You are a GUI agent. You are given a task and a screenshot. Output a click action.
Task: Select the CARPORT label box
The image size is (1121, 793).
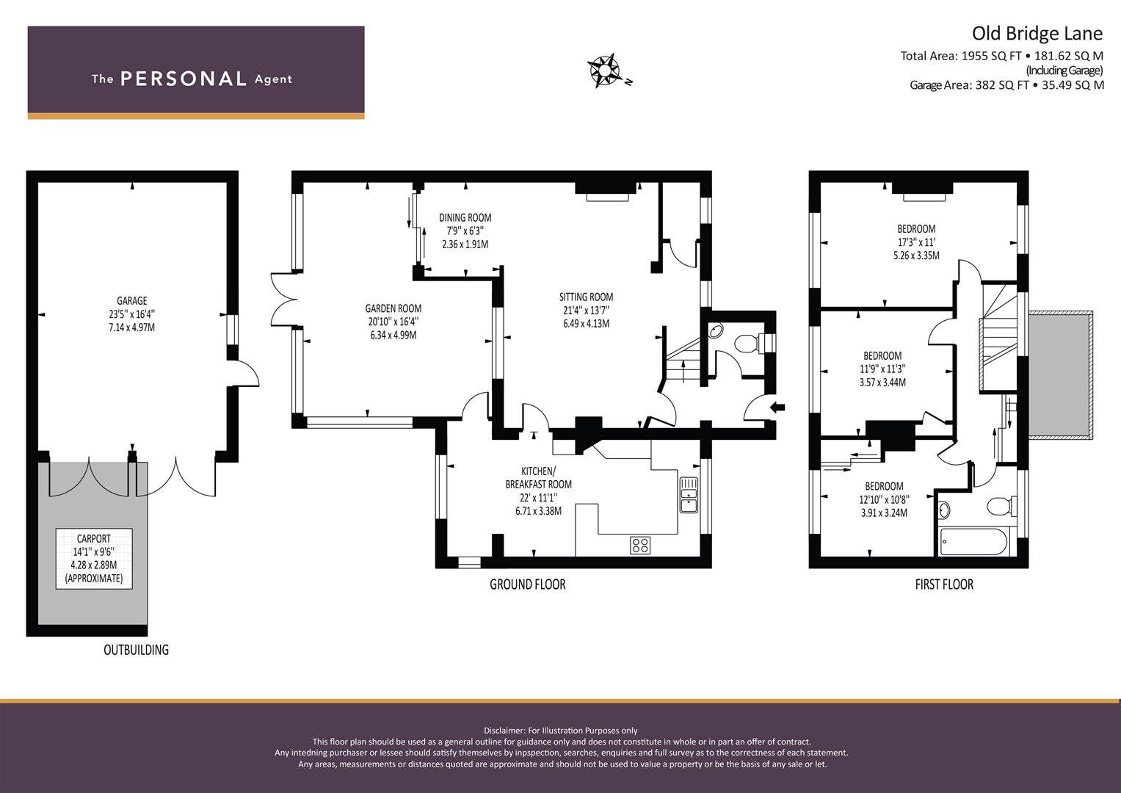[x=94, y=559]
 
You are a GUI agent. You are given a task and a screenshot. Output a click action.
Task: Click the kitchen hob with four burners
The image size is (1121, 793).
[x=640, y=545]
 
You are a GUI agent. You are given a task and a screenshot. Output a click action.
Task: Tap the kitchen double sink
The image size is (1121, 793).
[x=689, y=495]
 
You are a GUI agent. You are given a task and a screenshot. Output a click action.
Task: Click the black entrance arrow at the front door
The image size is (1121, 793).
[x=777, y=408]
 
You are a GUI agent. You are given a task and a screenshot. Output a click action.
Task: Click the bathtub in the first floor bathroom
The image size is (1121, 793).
[x=973, y=542]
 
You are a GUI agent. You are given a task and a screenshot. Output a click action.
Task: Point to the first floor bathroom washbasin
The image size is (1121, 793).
[x=944, y=510]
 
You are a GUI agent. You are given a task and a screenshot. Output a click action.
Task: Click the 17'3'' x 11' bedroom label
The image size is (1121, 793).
[x=916, y=242]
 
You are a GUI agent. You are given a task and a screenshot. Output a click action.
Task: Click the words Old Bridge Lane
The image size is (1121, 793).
[x=1037, y=34]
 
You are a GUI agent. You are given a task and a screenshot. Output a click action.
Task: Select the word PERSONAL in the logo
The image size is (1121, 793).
[x=184, y=79]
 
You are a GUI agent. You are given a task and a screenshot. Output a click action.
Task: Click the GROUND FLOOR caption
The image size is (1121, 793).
[x=528, y=584]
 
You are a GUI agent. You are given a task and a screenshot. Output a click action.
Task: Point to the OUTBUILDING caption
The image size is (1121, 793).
[x=136, y=650]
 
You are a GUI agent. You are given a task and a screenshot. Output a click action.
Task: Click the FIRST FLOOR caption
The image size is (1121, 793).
[x=944, y=584]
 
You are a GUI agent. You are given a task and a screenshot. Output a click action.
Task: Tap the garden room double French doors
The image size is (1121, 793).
[x=284, y=300]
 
